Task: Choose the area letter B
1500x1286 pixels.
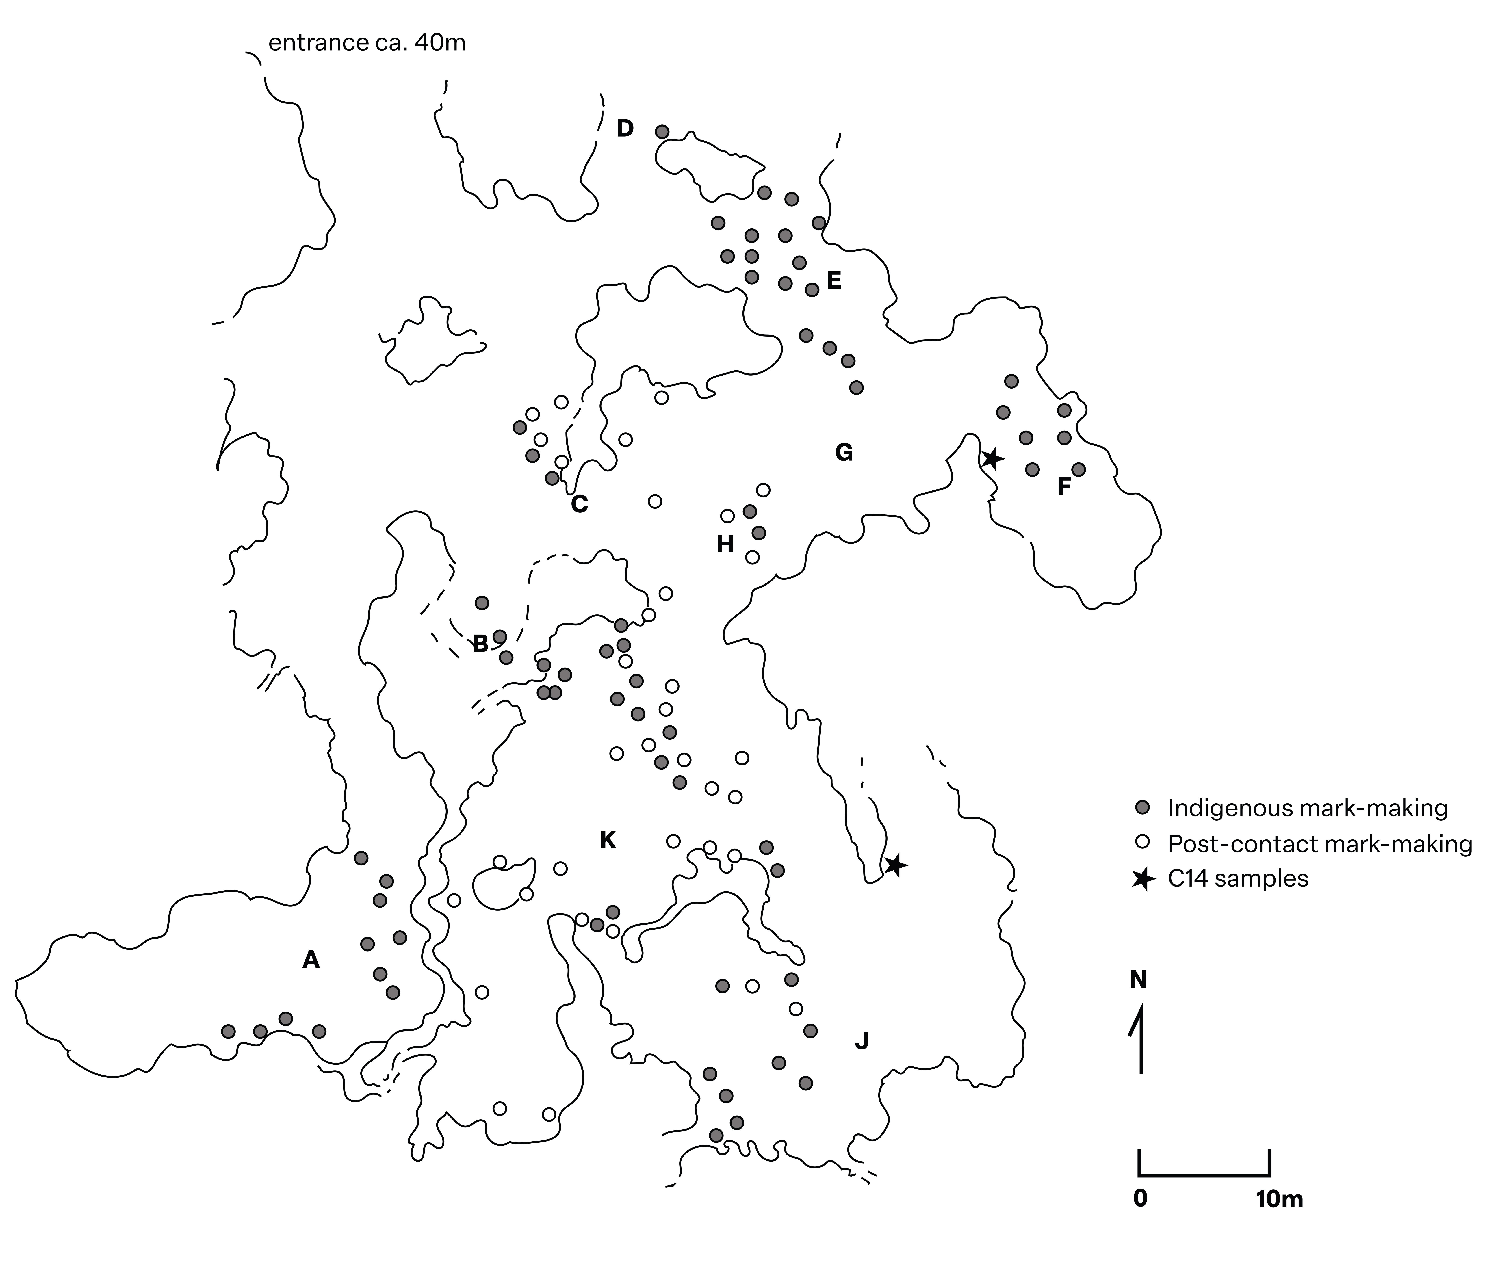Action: click(480, 643)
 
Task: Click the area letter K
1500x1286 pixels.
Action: click(608, 840)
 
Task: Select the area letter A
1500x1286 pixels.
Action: click(311, 960)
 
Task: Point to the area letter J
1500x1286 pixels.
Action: click(862, 1041)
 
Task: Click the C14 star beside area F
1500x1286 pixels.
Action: click(992, 458)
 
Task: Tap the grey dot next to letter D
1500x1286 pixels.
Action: click(662, 132)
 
